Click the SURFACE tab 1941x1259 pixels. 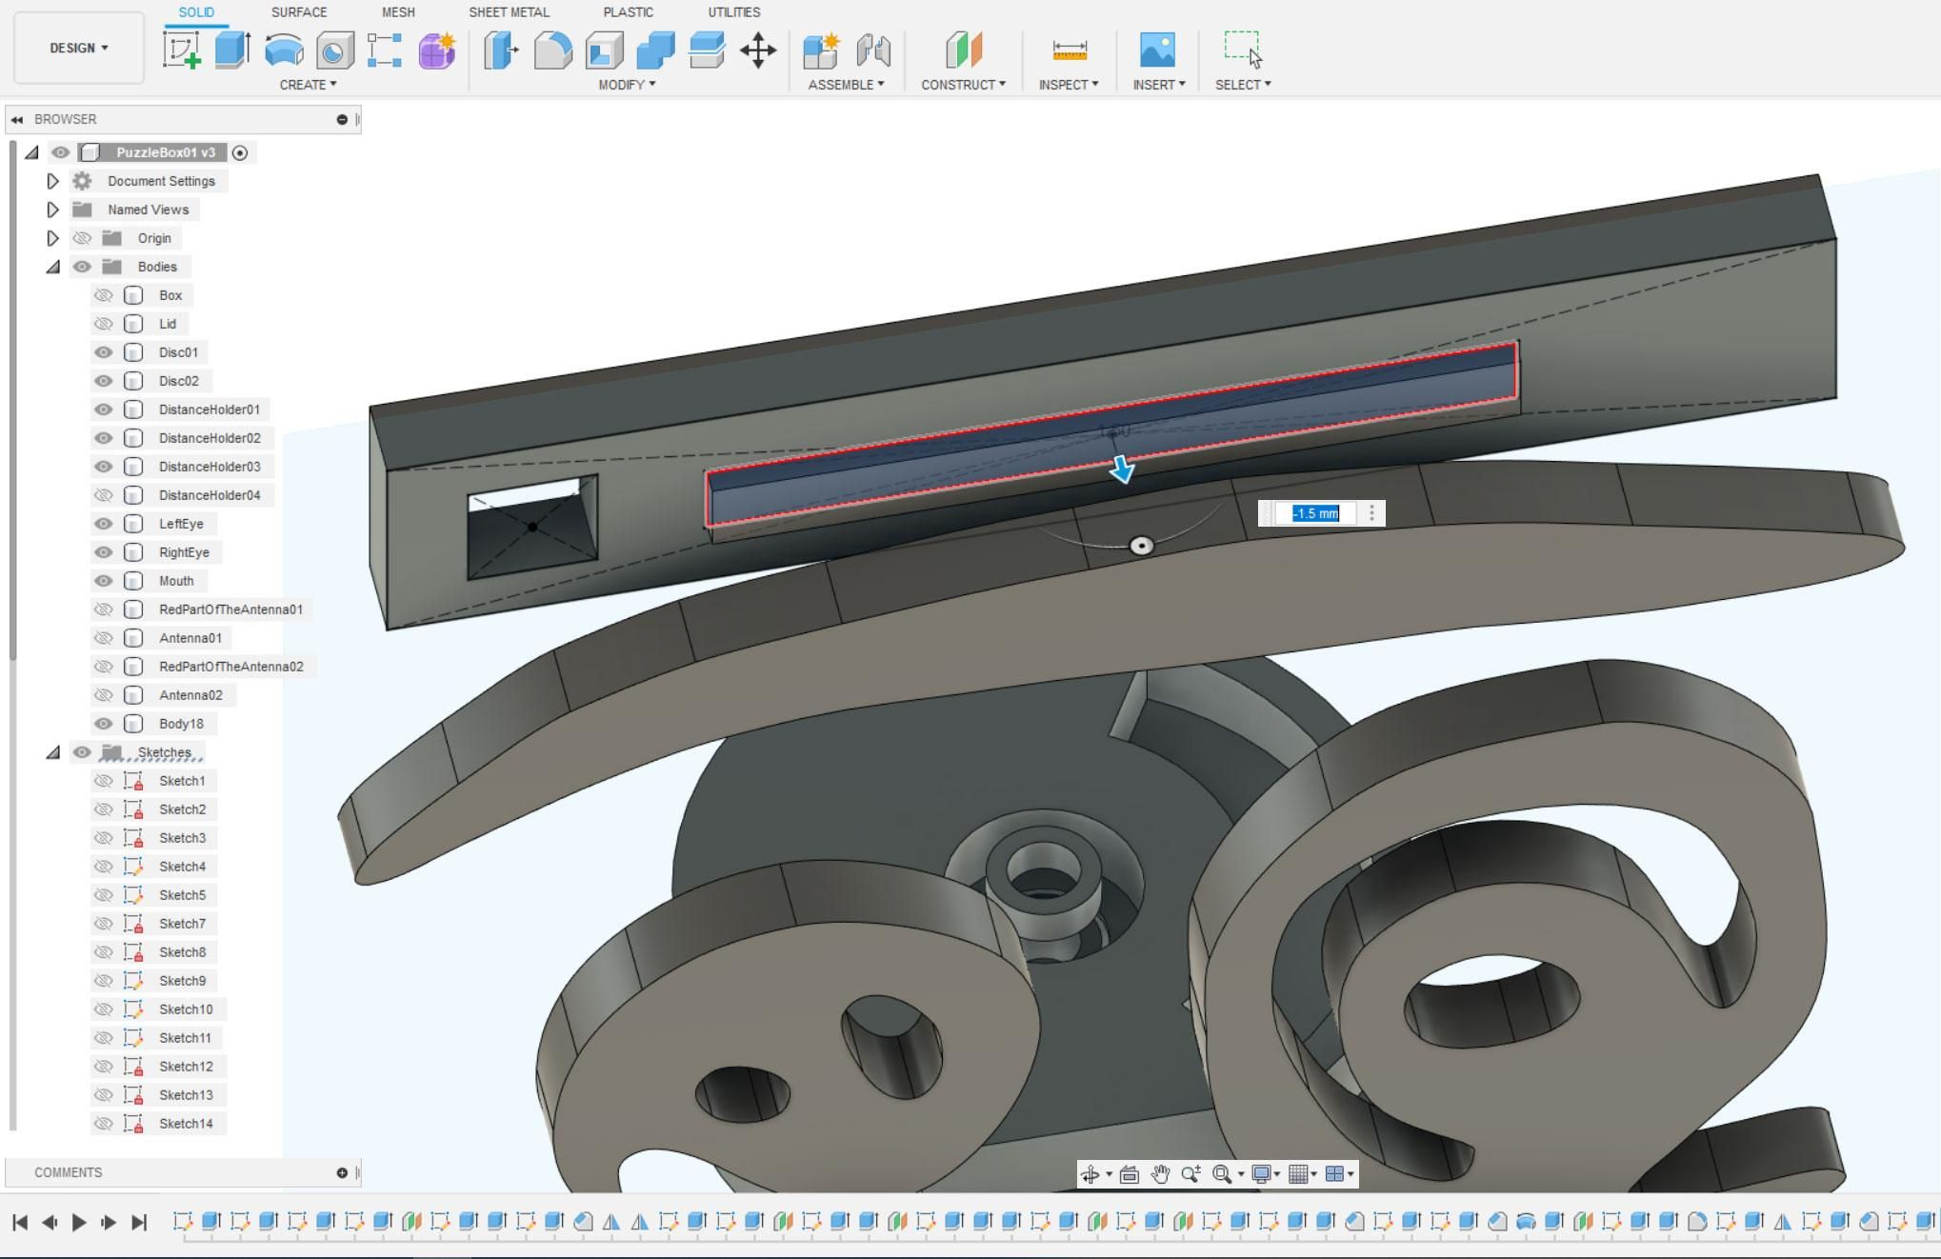pos(299,12)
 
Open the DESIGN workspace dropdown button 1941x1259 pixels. pos(79,48)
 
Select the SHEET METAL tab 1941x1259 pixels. pos(509,12)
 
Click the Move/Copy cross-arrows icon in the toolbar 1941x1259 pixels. pos(758,50)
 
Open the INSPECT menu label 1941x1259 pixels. pos(1069,85)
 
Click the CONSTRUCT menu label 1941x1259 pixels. pos(963,85)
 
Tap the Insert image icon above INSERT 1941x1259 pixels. pos(1157,50)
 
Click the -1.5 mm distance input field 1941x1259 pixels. pos(1315,513)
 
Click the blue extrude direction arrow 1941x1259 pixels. pos(1122,468)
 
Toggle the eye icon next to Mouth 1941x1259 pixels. pos(104,581)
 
